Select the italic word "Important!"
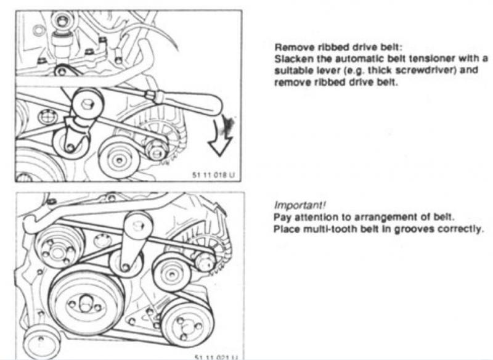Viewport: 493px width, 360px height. pyautogui.click(x=299, y=205)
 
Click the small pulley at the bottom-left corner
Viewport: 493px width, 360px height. pyautogui.click(x=41, y=342)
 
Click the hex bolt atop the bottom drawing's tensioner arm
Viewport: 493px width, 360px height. pyautogui.click(x=137, y=225)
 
